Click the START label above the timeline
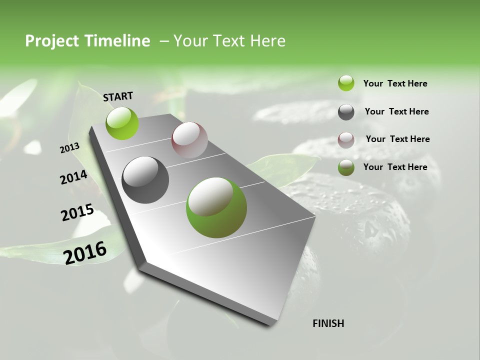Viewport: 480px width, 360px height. [x=118, y=96]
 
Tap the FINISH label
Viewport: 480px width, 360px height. [x=328, y=323]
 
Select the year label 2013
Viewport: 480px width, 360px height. [x=70, y=147]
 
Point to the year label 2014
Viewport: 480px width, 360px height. [x=74, y=177]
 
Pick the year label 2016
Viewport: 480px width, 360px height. [x=85, y=252]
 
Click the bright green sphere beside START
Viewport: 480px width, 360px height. [x=122, y=123]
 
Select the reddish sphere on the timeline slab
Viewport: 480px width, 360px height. [x=189, y=140]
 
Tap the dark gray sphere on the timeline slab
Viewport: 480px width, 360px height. [x=145, y=180]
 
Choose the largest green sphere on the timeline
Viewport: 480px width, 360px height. [x=216, y=207]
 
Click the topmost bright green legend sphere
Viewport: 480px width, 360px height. [x=346, y=83]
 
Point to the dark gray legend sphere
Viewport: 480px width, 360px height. [x=346, y=112]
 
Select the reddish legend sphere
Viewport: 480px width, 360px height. [x=346, y=139]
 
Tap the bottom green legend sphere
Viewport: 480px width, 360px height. [x=346, y=167]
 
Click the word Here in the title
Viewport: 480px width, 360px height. [x=267, y=41]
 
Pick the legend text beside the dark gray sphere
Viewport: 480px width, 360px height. [x=396, y=111]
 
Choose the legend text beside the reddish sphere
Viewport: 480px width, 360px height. [x=397, y=139]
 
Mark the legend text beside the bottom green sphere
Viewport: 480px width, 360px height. [x=395, y=167]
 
